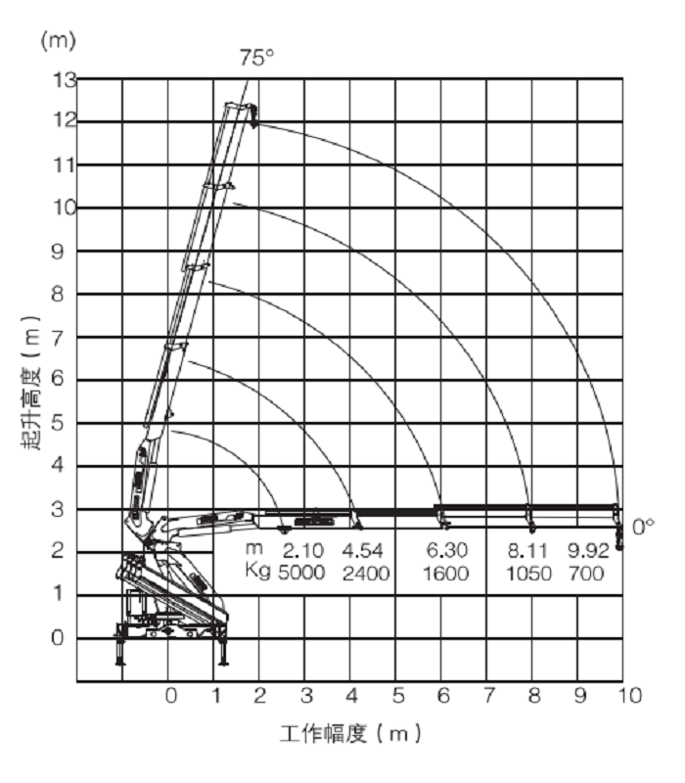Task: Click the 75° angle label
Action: pos(256,58)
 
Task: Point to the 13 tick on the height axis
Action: pos(62,79)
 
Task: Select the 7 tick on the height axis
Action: pos(62,337)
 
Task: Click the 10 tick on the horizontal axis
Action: pos(629,696)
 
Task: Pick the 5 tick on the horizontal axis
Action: pos(398,696)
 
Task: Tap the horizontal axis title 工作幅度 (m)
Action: pos(349,733)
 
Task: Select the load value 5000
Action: pos(299,574)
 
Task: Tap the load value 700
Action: pos(585,574)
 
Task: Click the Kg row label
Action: pos(258,574)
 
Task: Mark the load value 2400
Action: pos(365,574)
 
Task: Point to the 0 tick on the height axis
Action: pos(62,637)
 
